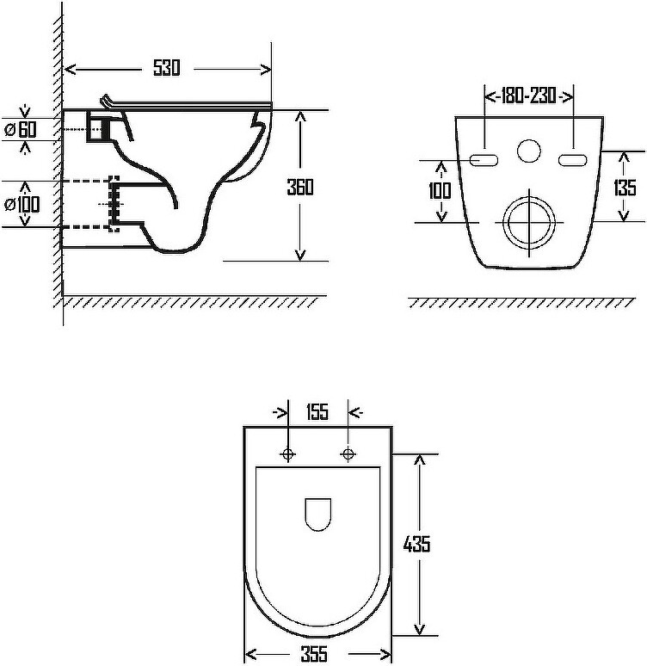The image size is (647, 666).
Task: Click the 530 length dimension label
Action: (x=167, y=68)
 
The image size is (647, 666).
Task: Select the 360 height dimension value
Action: (x=300, y=187)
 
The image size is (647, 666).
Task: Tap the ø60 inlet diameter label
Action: (x=21, y=129)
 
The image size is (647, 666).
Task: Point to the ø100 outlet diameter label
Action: (x=22, y=204)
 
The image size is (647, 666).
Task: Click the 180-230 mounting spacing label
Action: (x=529, y=96)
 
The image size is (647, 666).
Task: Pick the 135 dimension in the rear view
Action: (x=625, y=188)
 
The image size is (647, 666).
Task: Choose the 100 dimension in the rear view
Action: (x=440, y=190)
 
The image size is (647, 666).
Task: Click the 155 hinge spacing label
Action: (x=317, y=411)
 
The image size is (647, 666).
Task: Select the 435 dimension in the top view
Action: (x=416, y=544)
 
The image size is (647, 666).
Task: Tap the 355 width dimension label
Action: (x=314, y=654)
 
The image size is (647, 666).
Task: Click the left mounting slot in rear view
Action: (x=484, y=160)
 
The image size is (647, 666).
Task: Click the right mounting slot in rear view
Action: (x=572, y=160)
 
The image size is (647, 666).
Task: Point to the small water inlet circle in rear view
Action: (x=529, y=151)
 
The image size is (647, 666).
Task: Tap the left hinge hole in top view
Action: (x=288, y=454)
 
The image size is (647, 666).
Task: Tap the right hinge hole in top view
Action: (x=348, y=454)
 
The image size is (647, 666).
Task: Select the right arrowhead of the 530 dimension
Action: (x=266, y=69)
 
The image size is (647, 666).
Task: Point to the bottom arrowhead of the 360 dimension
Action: (x=300, y=255)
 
